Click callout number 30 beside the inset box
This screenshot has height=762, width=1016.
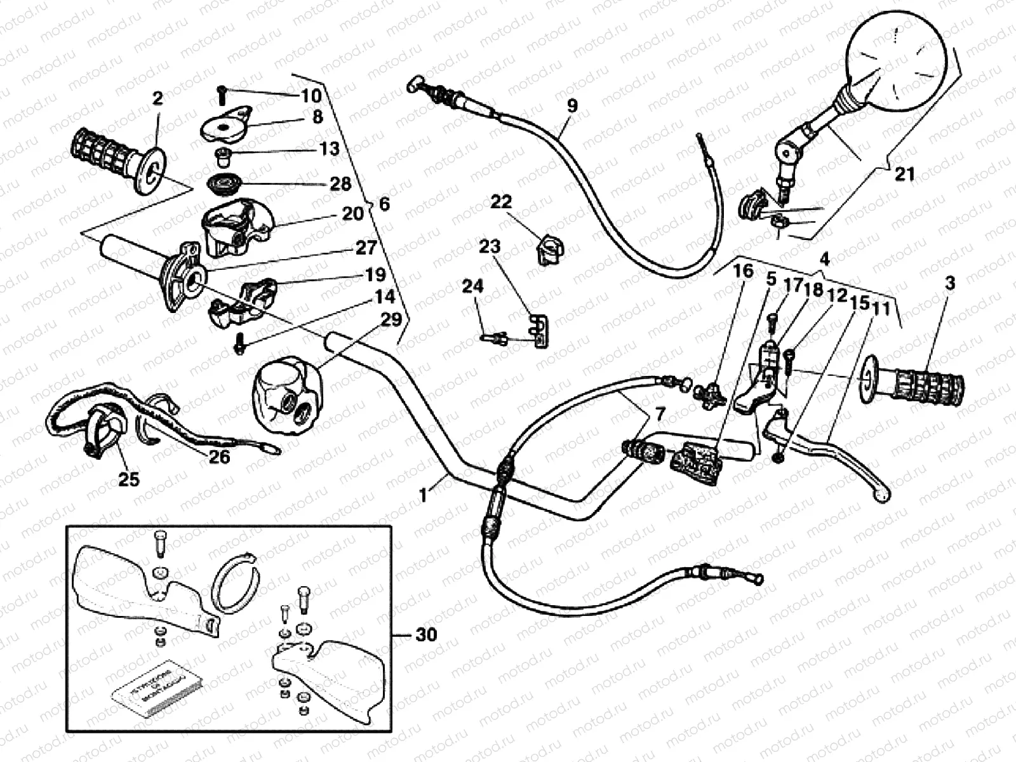(427, 634)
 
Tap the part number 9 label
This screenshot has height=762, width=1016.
(572, 105)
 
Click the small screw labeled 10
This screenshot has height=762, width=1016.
(222, 95)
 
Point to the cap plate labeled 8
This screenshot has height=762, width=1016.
(227, 126)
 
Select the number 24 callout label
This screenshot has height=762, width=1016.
(472, 286)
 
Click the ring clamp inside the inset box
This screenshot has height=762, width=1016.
(234, 578)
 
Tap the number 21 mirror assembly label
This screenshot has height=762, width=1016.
(904, 173)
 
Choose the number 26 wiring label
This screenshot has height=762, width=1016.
(219, 456)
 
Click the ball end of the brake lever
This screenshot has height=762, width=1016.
(881, 495)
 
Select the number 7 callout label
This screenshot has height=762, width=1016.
(660, 415)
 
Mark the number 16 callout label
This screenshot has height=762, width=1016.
(743, 271)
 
